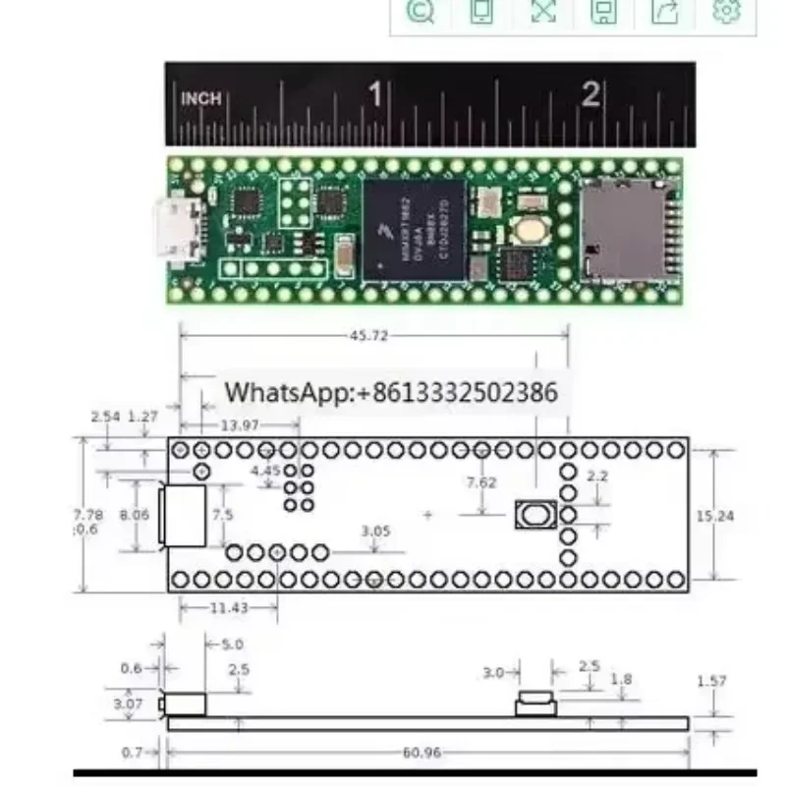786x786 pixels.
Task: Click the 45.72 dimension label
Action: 368,336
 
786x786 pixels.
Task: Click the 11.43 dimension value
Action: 229,608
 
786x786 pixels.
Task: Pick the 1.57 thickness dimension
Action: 713,681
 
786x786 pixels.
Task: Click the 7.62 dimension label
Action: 481,482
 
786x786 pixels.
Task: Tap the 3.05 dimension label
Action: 375,532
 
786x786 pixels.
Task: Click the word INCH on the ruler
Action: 201,99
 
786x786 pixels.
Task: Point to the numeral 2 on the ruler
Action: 589,94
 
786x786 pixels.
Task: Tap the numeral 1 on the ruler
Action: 374,94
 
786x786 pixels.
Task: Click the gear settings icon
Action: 726,12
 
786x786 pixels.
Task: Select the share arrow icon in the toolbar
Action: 665,12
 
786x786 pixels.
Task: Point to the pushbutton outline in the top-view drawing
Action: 535,515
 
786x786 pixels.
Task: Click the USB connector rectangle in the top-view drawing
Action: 186,515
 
